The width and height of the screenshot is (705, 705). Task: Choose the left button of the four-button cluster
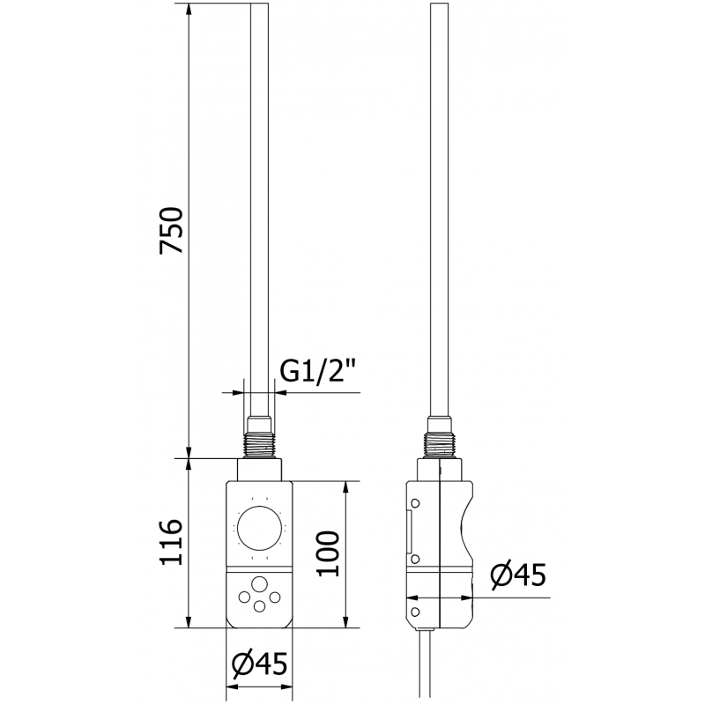click(x=244, y=598)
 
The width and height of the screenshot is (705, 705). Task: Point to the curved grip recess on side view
click(x=468, y=529)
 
